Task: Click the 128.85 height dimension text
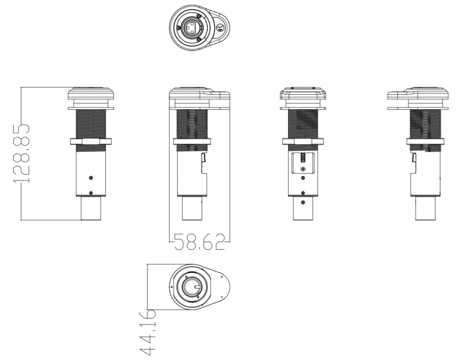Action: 22,154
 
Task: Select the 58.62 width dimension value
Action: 199,242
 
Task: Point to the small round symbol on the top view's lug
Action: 220,28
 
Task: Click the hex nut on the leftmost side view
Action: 91,141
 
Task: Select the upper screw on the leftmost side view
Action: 91,178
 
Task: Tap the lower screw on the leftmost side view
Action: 91,193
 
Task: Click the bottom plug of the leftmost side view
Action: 91,208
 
